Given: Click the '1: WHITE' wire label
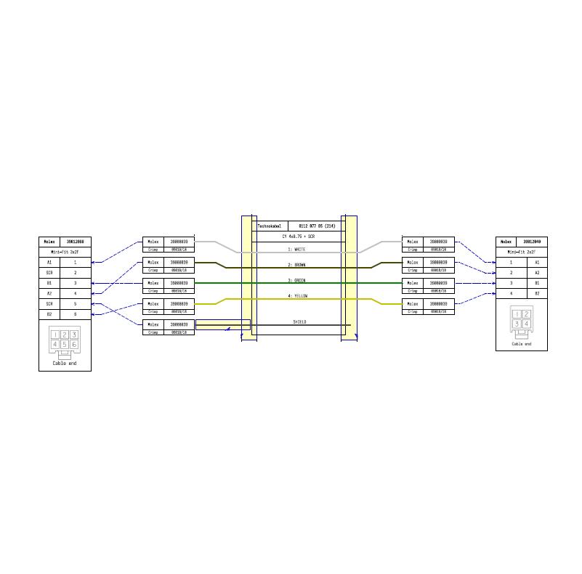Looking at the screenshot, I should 296,249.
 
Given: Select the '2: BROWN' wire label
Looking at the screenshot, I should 296,265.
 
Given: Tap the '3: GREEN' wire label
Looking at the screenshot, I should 296,280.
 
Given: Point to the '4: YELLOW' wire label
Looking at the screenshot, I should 296,296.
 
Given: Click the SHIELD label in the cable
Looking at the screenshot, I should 299,321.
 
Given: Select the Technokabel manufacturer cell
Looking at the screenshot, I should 270,226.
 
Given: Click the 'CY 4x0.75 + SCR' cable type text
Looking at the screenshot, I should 298,237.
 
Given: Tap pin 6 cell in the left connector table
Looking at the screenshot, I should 75,314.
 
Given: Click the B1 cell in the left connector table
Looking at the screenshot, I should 49,283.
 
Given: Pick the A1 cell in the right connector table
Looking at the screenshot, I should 537,262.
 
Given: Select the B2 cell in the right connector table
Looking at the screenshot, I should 537,293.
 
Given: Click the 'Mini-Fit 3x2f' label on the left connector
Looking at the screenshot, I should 65,252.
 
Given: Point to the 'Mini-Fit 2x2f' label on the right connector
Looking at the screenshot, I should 521,252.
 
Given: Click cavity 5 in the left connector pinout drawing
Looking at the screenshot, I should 65,345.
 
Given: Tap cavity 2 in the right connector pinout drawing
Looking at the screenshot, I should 527,314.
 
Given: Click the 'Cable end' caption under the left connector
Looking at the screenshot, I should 65,363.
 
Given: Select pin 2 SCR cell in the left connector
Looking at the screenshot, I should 49,272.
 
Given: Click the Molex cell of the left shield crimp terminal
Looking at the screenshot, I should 153,324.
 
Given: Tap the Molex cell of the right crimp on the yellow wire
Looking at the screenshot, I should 413,303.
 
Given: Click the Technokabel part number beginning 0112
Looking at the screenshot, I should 317,226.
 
